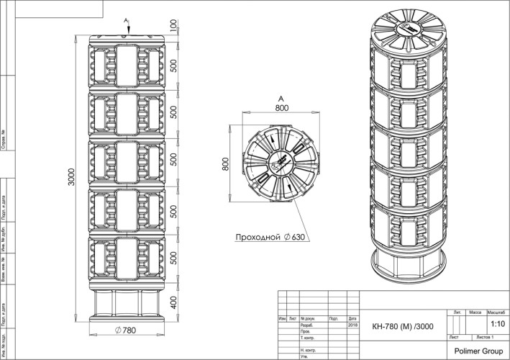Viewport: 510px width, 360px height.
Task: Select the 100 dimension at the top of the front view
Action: pos(173,26)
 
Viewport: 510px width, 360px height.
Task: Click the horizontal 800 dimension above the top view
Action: pos(281,108)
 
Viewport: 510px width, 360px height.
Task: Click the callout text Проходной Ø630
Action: pos(268,236)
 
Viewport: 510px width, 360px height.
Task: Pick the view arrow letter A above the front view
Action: pos(125,19)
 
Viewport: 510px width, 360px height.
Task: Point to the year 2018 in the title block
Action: pos(352,325)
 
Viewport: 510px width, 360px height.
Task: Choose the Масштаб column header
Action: pos(496,313)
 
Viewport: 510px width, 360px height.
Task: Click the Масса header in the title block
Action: pos(475,313)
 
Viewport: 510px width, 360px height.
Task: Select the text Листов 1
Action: pos(490,336)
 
